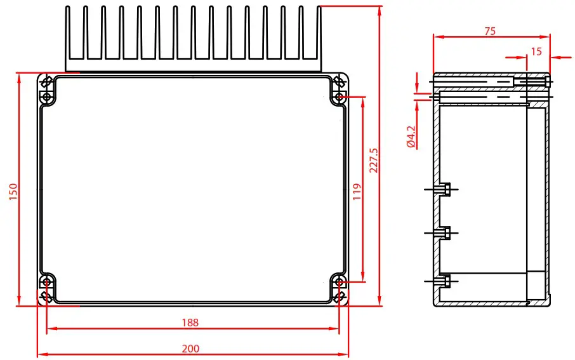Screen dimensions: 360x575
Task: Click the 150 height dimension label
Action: pos(13,191)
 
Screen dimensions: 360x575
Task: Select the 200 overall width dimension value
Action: pos(190,348)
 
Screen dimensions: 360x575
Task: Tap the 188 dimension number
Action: pos(190,323)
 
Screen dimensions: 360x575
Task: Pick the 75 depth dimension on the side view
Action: pos(489,30)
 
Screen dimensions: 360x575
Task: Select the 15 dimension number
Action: pos(536,51)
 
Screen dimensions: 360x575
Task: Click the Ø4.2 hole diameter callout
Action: pos(411,137)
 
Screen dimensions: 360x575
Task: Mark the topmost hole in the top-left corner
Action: pos(46,82)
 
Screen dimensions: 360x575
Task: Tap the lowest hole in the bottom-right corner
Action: pos(340,297)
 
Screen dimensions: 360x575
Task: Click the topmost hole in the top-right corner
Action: pos(340,82)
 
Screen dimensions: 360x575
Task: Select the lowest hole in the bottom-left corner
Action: pos(46,297)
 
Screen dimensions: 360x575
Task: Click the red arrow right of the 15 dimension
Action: pos(559,58)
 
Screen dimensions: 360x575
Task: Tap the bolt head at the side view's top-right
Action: pos(548,81)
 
